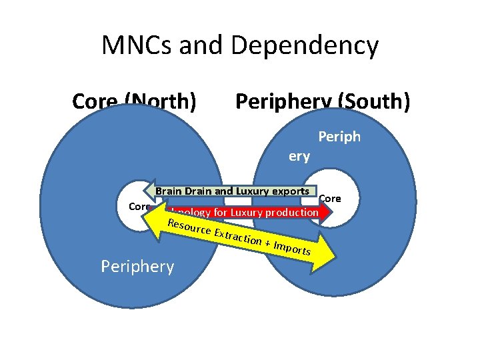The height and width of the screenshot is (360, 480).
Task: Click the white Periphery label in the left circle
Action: point(137,267)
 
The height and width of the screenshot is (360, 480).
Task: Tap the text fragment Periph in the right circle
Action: point(339,137)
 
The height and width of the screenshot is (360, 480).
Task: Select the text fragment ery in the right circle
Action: point(299,157)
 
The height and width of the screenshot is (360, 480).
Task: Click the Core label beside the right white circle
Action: point(330,198)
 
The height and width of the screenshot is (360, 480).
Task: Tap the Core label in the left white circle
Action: point(139,207)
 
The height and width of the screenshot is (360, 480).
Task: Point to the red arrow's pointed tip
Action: point(330,213)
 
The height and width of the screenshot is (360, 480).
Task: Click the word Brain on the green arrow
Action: point(168,191)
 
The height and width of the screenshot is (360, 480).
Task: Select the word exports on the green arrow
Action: point(290,191)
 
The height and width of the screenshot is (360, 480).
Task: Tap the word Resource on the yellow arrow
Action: point(189,227)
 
